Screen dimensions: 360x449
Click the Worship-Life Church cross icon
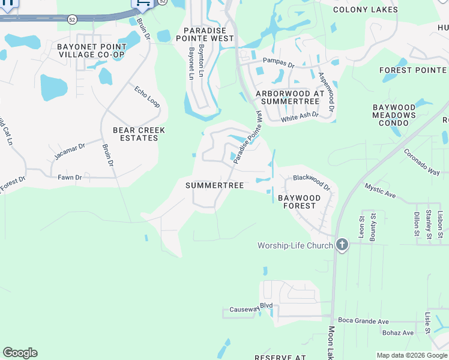click(x=342, y=245)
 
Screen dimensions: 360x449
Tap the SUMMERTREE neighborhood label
click(x=214, y=186)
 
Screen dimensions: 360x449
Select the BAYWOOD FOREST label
click(x=297, y=202)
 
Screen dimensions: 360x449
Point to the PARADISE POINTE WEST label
click(x=208, y=34)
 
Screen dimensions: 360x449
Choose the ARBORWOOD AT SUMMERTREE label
click(x=290, y=98)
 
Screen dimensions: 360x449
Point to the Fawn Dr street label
click(x=70, y=178)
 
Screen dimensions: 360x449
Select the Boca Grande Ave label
click(x=363, y=321)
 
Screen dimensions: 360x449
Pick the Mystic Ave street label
click(x=380, y=191)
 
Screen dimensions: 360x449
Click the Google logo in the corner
click(x=20, y=353)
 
